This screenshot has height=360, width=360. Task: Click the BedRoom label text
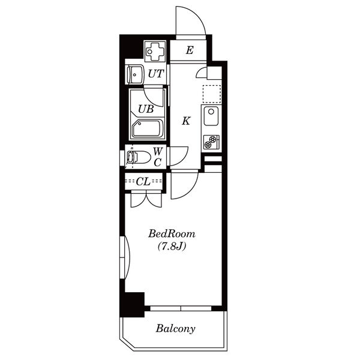[172, 234]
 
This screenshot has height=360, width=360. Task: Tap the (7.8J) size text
[172, 247]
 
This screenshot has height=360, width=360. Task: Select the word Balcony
[176, 329]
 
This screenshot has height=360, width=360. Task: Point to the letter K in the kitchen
[186, 121]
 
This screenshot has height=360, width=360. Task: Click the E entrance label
[190, 50]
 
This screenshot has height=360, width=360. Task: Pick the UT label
[156, 74]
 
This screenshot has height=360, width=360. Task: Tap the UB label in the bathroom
[146, 109]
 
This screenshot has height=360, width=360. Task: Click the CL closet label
[143, 182]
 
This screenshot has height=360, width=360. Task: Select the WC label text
[158, 157]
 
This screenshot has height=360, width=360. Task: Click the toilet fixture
[139, 157]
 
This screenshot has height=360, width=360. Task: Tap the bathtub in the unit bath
[148, 128]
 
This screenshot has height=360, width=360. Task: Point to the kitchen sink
[211, 116]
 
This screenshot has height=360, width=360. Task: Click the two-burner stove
[211, 142]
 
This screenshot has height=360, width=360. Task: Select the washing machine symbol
[155, 51]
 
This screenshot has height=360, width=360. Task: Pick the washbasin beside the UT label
[136, 74]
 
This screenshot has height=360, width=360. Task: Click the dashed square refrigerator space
[212, 94]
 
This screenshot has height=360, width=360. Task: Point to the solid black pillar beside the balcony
[133, 304]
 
